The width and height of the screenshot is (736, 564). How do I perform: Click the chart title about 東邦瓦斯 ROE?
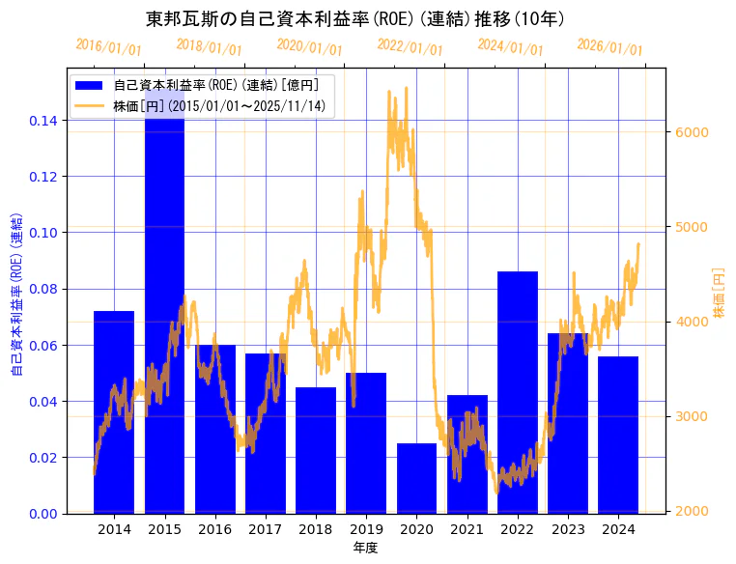coord(355,18)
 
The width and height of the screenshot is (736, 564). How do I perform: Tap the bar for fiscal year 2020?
coord(416,478)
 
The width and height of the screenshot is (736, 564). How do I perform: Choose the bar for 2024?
coord(618,435)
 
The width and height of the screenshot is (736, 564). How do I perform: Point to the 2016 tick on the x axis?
coord(214,529)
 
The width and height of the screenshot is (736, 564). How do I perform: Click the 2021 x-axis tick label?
coord(467,529)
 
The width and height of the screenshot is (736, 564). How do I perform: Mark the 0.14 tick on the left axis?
coord(42,121)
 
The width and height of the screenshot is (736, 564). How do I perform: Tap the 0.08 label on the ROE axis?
coord(42,289)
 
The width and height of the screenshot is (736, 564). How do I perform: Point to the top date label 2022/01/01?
coord(410,47)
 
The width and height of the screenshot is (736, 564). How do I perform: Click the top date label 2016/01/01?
coord(108,47)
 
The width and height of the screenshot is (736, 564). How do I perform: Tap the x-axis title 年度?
coord(365,548)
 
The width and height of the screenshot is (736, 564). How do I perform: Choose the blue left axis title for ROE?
coord(15,290)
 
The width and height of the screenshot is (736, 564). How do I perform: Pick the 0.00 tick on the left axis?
coord(42,513)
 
